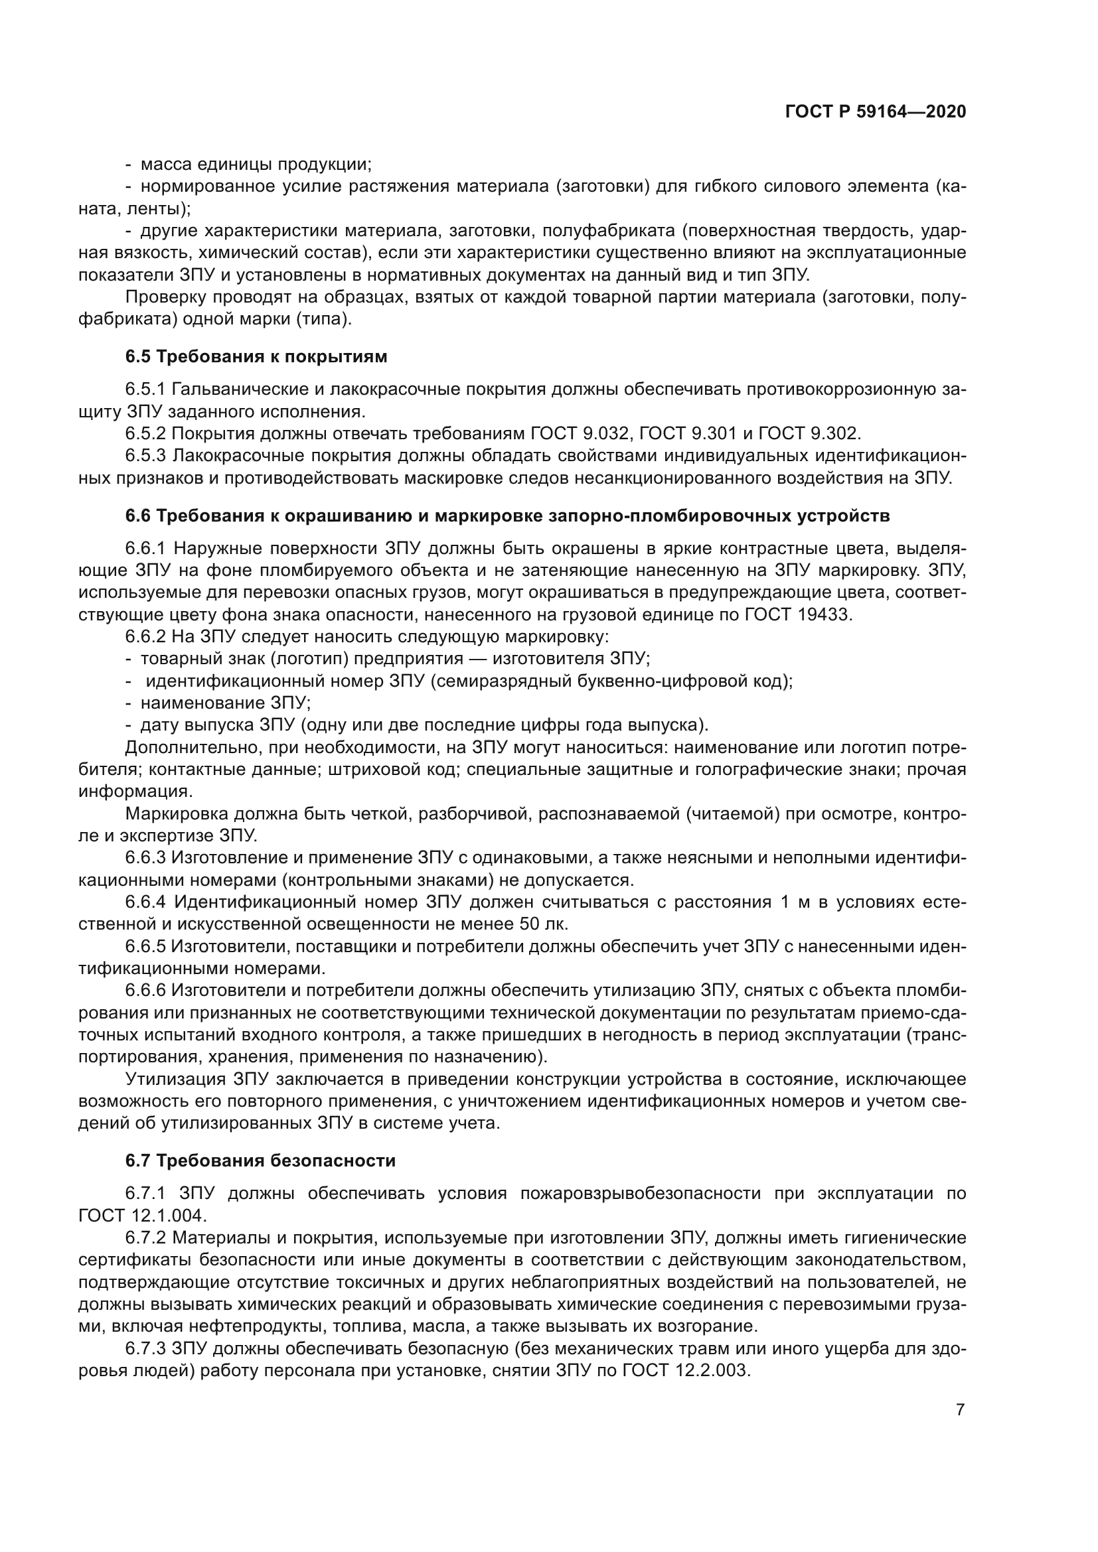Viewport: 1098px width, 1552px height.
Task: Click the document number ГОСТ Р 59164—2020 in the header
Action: [x=876, y=111]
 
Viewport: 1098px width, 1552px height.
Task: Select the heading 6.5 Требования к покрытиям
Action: [x=256, y=356]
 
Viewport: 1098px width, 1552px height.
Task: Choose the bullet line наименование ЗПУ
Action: [x=225, y=703]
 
